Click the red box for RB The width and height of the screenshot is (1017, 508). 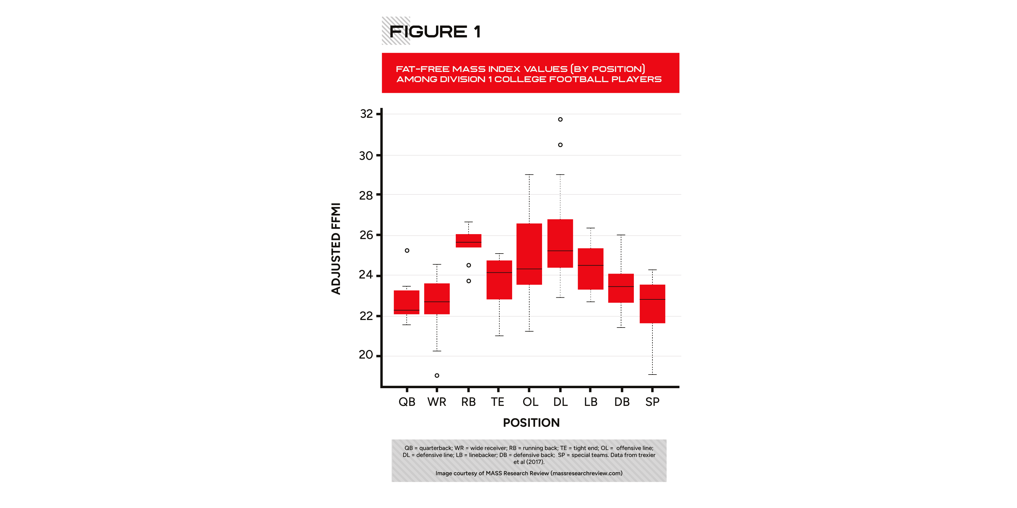468,241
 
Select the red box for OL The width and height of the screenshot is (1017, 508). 529,254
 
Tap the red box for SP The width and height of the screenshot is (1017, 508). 652,304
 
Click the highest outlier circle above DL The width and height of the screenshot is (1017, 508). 560,120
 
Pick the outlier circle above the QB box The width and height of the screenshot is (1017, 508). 407,250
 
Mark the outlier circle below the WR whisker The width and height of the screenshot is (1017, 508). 437,375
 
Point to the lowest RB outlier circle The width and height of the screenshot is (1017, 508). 469,281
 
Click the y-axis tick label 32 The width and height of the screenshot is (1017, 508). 366,114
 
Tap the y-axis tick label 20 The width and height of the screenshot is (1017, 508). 366,355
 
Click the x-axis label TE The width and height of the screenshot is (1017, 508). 497,402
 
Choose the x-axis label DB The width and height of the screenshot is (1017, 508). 622,402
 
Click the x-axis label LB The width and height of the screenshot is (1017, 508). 591,402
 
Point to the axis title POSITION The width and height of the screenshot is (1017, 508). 531,423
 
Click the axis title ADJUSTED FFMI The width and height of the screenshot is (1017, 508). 336,249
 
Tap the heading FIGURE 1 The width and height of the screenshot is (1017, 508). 435,32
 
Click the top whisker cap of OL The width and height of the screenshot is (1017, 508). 529,174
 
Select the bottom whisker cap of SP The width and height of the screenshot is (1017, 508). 652,374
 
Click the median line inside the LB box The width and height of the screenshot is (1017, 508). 591,265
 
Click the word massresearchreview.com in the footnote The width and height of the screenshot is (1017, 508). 586,473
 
